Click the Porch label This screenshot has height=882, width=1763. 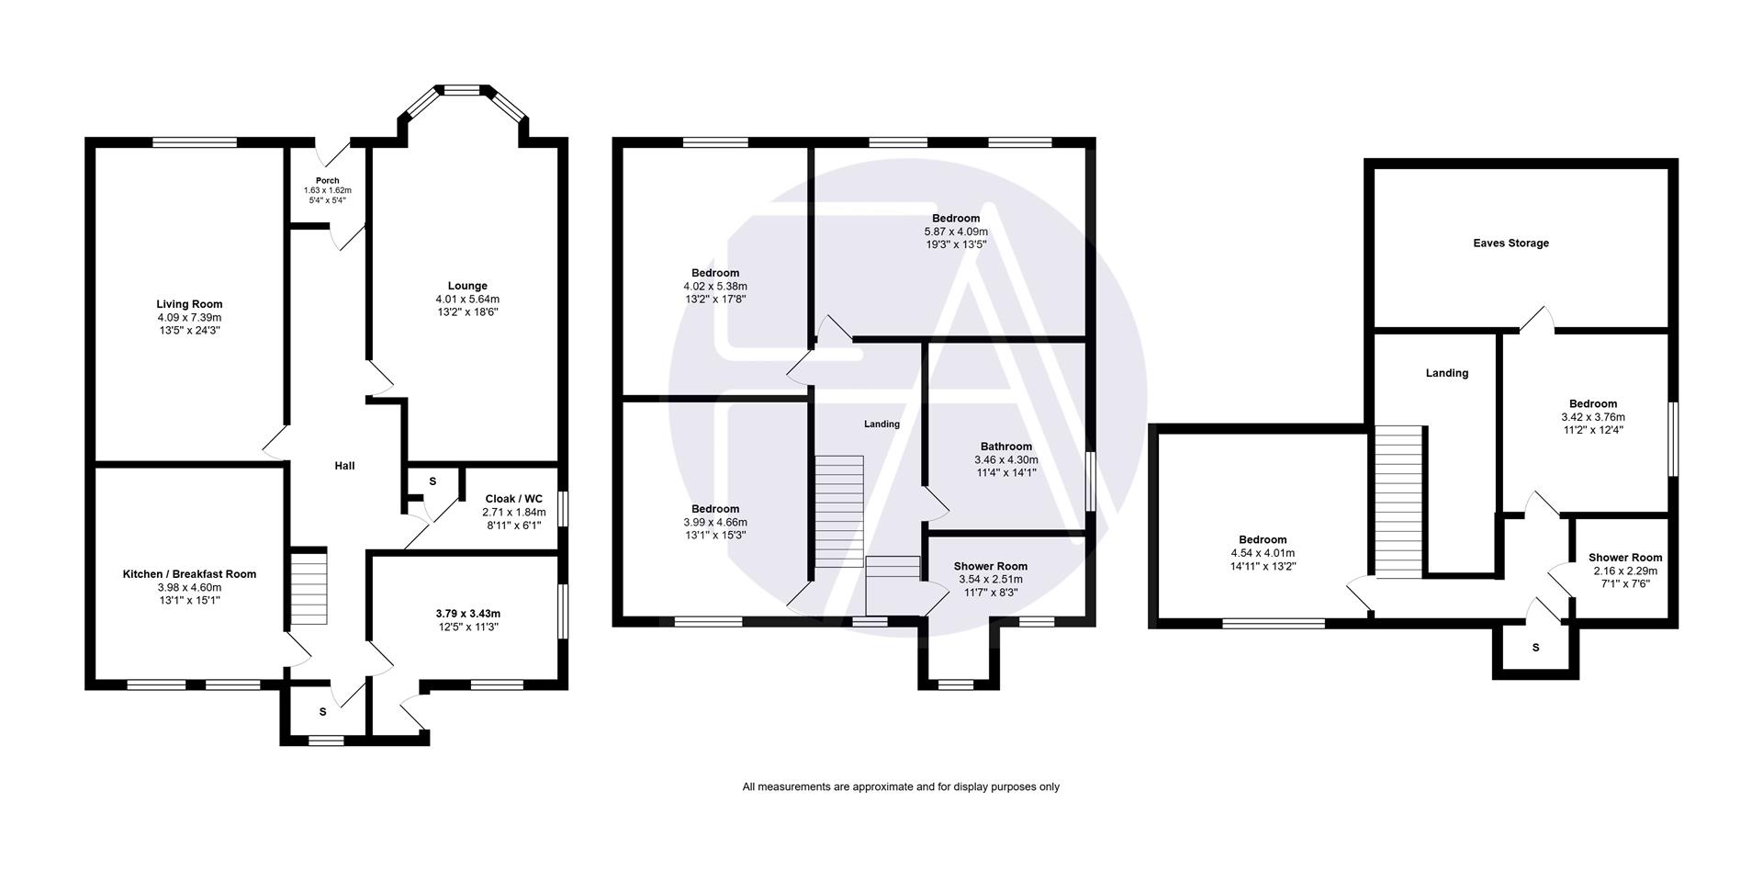click(327, 181)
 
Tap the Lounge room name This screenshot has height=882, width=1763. click(467, 286)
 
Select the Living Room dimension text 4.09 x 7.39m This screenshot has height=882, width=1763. click(189, 317)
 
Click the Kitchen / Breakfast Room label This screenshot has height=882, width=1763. click(189, 574)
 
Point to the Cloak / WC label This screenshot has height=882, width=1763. click(513, 499)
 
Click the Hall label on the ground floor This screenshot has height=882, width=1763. click(344, 466)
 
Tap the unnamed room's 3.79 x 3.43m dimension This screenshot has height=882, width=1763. click(468, 614)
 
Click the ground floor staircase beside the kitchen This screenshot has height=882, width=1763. click(309, 587)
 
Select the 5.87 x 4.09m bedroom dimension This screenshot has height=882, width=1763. click(956, 232)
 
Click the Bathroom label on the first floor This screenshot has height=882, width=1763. click(1005, 447)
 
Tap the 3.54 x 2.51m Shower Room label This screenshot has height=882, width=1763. click(990, 566)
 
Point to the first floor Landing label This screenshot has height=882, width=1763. click(881, 424)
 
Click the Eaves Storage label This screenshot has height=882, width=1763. click(1510, 243)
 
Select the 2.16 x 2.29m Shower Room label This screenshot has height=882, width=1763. click(1624, 558)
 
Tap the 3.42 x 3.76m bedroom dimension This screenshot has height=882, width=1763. click(1592, 417)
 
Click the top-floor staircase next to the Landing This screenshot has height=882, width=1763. click(1398, 502)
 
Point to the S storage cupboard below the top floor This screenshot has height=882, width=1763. click(1535, 648)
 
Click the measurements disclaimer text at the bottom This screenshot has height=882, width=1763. click(900, 786)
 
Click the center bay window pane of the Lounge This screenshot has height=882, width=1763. click(463, 90)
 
